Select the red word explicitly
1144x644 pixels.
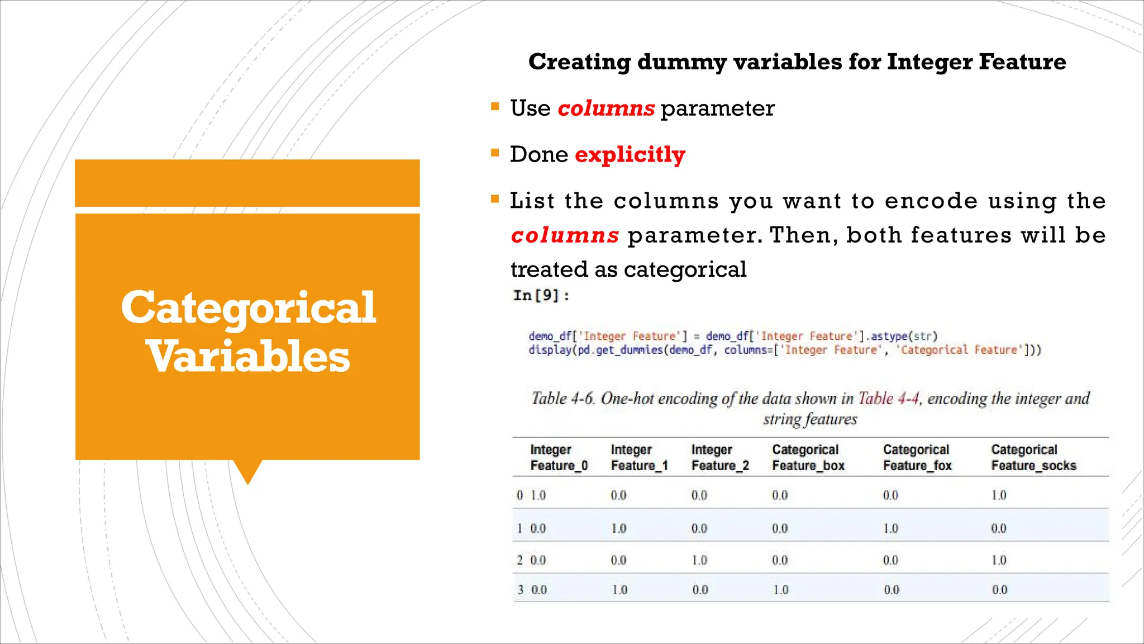tap(630, 155)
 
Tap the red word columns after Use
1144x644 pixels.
tap(606, 108)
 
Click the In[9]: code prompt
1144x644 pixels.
tap(541, 296)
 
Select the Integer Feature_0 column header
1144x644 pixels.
tap(559, 457)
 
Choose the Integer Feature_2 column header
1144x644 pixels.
tap(719, 457)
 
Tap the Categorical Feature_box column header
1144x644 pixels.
tap(808, 457)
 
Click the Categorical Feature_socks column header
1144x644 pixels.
tap(1033, 457)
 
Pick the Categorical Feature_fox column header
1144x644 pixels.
tap(917, 457)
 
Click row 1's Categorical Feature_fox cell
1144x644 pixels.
tap(890, 528)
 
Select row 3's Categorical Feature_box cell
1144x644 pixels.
tap(780, 590)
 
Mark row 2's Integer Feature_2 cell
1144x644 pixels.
tap(699, 560)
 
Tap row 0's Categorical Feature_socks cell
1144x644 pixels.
tap(999, 495)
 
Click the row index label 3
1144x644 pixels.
tap(521, 590)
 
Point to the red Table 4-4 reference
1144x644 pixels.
tap(888, 399)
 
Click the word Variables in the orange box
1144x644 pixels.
tap(248, 357)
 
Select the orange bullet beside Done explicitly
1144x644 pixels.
tap(495, 153)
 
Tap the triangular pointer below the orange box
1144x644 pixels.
tap(247, 471)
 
